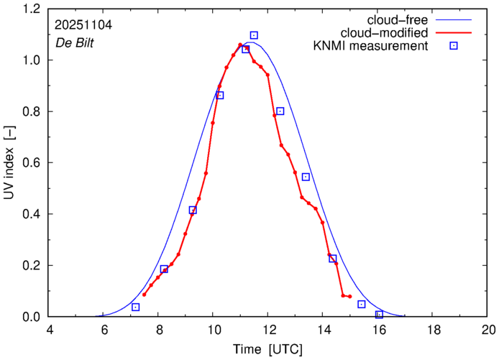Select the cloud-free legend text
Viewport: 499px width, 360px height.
tap(403, 19)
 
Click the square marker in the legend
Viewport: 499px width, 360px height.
tap(453, 46)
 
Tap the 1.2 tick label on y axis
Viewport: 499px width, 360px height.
tap(32, 9)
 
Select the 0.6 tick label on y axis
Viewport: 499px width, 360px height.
tap(32, 163)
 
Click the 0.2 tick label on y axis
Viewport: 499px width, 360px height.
tap(32, 266)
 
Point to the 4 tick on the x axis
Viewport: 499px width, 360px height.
tap(50, 330)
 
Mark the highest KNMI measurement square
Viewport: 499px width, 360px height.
tap(254, 35)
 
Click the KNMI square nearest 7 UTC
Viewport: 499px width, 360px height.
tap(135, 307)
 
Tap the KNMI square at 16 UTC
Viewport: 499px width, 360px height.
tap(379, 315)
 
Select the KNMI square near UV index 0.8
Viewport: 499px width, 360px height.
tap(280, 111)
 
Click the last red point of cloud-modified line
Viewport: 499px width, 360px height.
tap(349, 296)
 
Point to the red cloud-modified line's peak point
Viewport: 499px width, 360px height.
tap(240, 45)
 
